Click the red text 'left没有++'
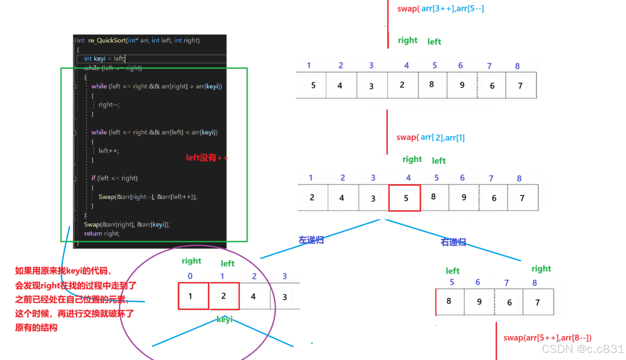coord(206,158)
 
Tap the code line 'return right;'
coord(102,233)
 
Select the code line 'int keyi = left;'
coord(104,58)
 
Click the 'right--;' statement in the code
coord(109,105)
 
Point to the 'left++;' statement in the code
coord(109,151)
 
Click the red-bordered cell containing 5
coord(405,198)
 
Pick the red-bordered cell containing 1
coord(193,296)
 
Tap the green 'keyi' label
coord(224,319)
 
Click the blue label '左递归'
coord(311,240)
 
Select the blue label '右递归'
coord(453,242)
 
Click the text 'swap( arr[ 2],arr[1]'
coord(430,137)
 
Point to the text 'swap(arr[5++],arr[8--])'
coord(547,338)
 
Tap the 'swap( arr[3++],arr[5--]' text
coord(441,9)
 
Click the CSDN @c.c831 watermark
coord(583,349)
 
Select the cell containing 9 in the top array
coord(462,85)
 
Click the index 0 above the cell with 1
coord(190,276)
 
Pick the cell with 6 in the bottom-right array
coord(509,302)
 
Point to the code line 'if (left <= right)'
coord(114,178)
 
